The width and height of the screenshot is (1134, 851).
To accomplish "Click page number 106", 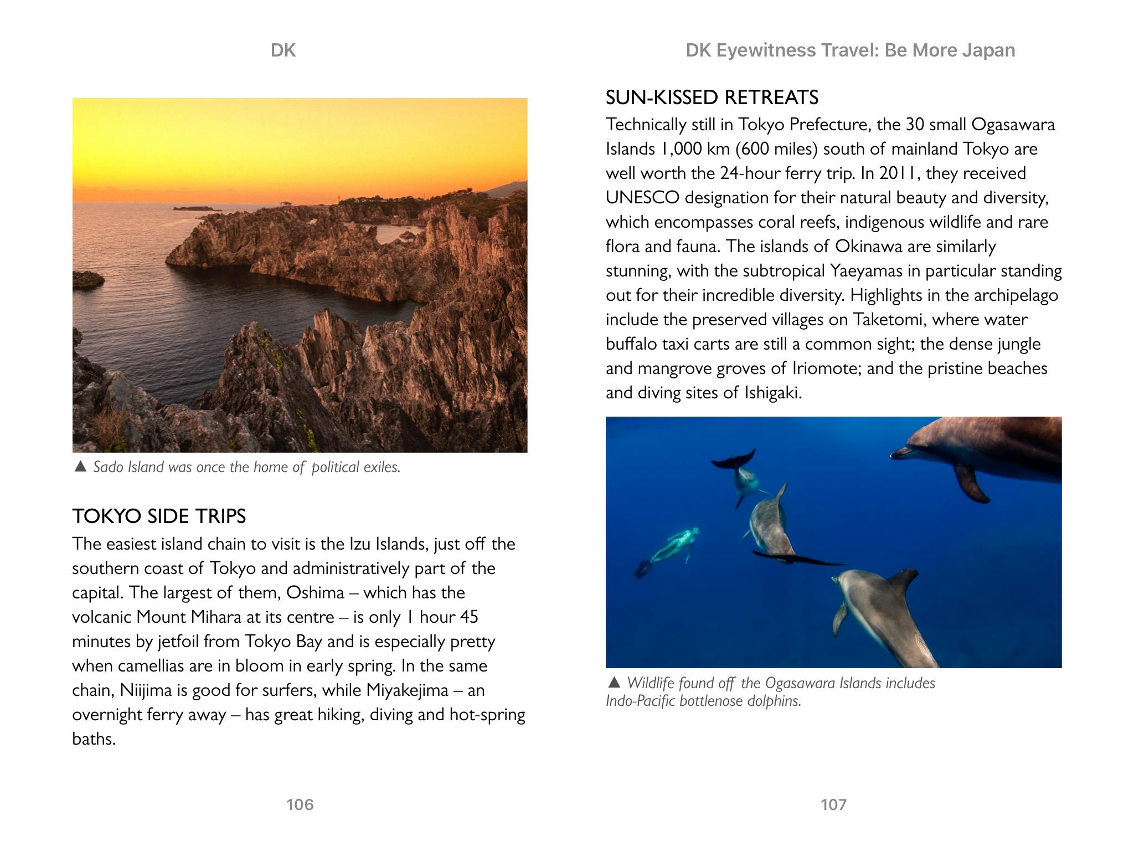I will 300,804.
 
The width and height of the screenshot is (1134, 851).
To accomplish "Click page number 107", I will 833,804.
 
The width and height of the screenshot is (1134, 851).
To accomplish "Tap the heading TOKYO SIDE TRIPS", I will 159,516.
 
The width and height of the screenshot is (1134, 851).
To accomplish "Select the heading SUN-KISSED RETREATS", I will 712,98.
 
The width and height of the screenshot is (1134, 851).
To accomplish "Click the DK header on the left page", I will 283,50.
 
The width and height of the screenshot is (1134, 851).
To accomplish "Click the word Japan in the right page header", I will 988,50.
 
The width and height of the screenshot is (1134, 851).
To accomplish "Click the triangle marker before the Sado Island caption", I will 80,466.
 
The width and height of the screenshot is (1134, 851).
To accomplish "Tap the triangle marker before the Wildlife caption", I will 614,682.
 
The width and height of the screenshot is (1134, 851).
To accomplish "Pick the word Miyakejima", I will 407,690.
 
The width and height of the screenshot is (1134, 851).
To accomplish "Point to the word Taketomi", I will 884,320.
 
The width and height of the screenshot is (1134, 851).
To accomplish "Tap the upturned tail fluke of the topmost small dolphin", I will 734,459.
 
